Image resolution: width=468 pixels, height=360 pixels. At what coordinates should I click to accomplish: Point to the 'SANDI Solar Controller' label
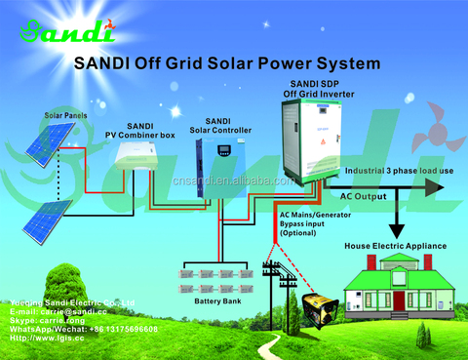coord(218,126)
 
